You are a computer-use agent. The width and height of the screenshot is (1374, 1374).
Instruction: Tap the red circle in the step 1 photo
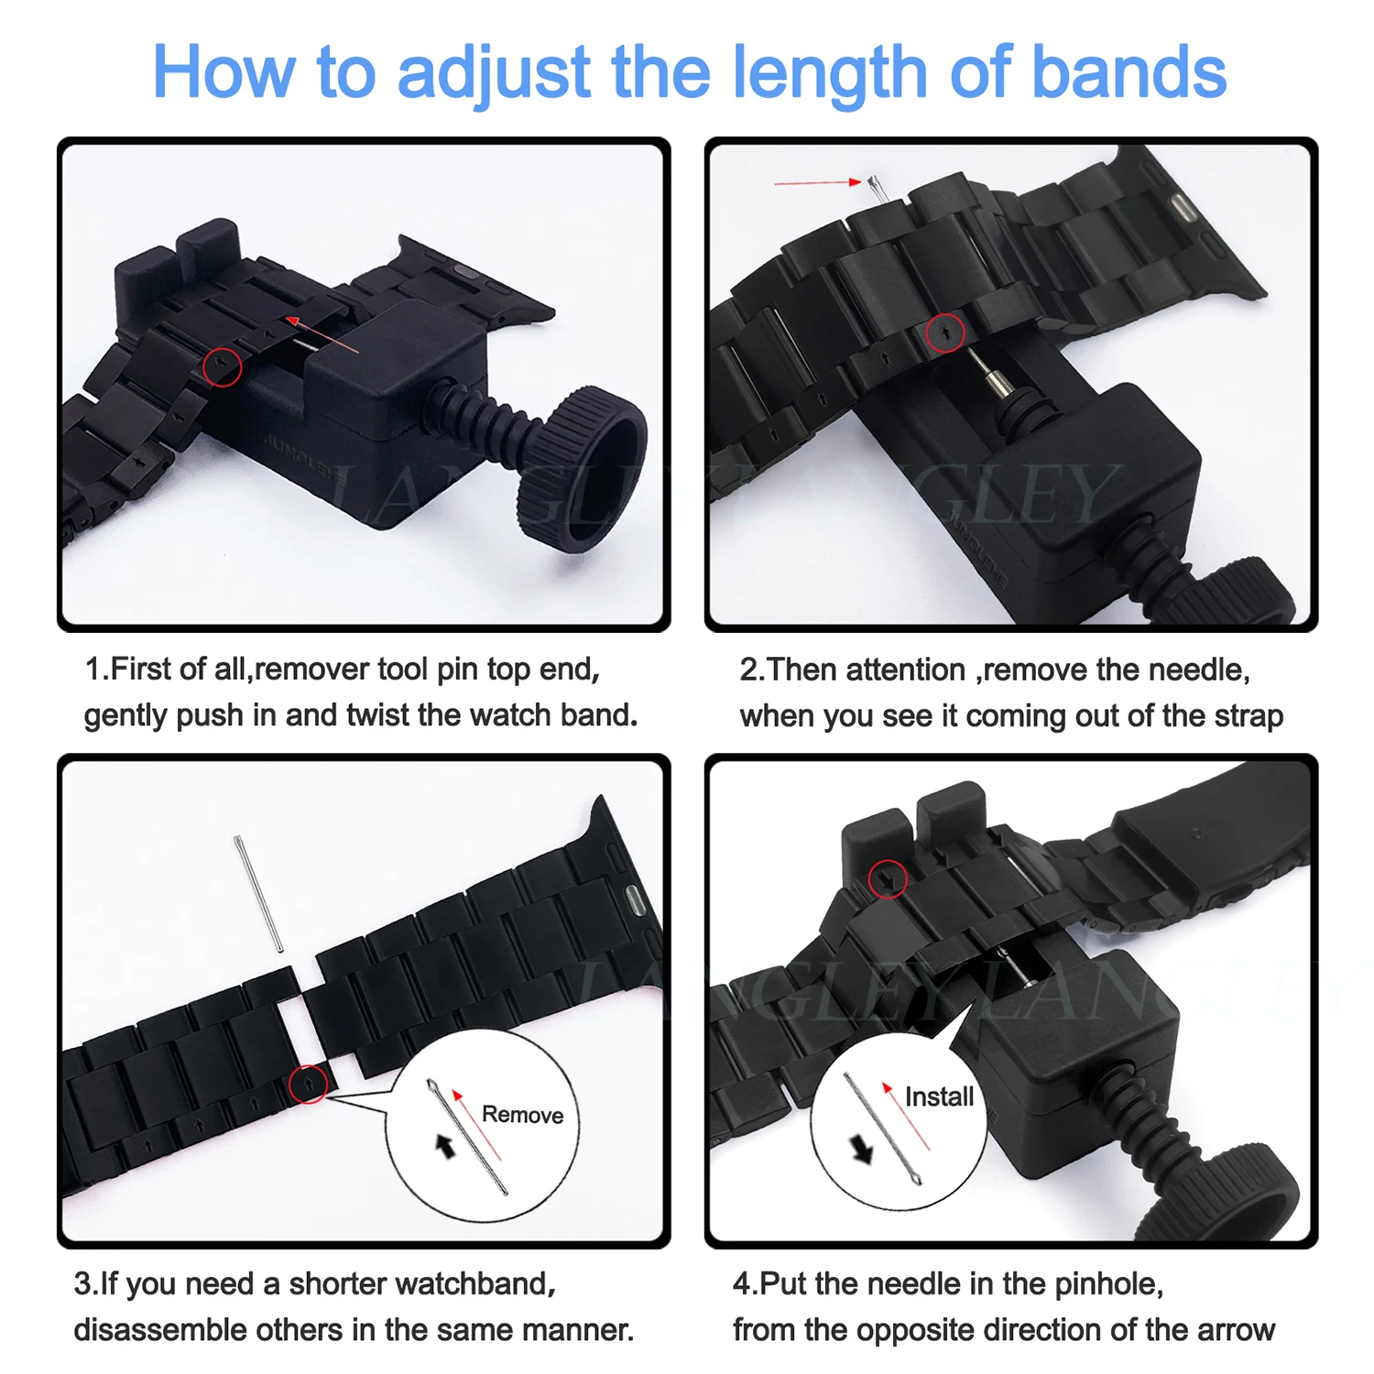point(222,366)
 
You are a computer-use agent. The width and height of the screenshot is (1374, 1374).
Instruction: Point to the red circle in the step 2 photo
point(945,333)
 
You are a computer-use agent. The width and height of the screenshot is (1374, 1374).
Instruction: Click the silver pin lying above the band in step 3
point(258,893)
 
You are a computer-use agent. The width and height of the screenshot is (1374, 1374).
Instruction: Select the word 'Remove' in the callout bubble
point(522,1115)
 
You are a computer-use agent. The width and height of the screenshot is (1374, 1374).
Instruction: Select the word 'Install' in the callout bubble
point(939,1096)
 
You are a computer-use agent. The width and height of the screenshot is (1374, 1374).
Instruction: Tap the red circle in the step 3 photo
point(309,1084)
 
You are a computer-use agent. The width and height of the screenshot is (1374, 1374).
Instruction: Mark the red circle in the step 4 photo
point(887,879)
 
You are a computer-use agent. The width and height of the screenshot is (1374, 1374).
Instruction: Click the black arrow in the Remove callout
point(445,1145)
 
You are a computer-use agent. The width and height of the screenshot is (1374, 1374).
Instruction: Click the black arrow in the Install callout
point(863,1149)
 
